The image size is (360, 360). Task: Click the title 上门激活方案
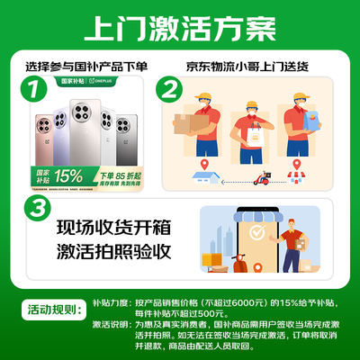180,29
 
